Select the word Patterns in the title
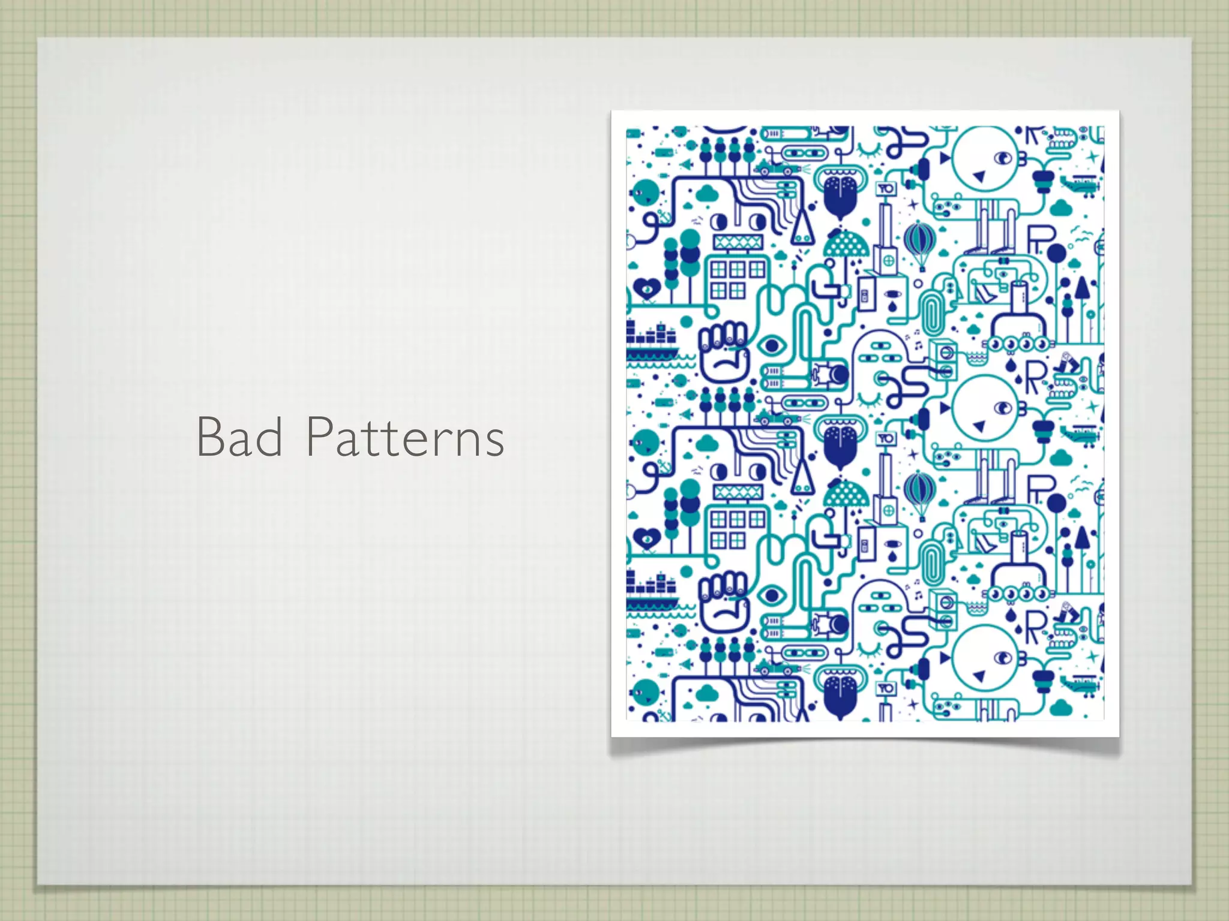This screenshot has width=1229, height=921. click(x=405, y=438)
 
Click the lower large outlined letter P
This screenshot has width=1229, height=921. click(x=1041, y=489)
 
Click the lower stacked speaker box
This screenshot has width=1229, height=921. click(x=943, y=608)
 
